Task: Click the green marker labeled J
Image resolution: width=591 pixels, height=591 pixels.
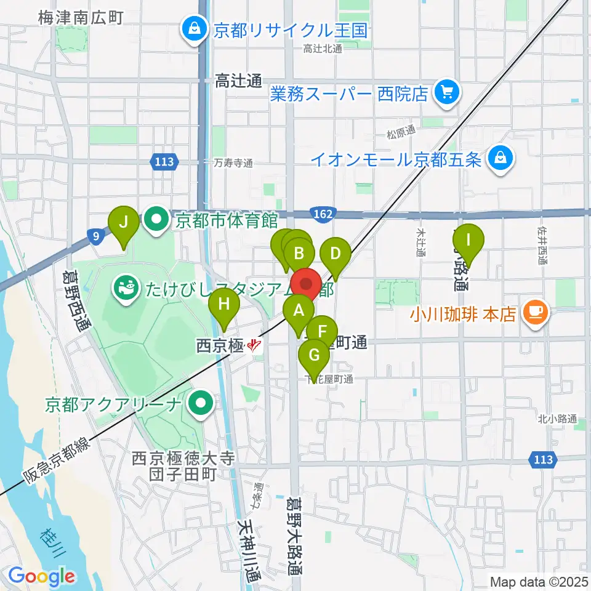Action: (x=124, y=222)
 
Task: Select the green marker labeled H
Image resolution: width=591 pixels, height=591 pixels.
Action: (x=224, y=304)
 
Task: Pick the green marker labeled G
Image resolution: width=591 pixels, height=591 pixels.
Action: (x=314, y=355)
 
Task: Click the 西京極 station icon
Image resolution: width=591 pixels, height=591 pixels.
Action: (x=254, y=346)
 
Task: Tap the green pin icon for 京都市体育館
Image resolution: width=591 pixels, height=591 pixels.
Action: (x=156, y=220)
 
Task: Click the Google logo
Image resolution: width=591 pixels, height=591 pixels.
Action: (x=42, y=577)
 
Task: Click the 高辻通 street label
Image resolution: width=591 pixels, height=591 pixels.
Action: (x=239, y=80)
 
